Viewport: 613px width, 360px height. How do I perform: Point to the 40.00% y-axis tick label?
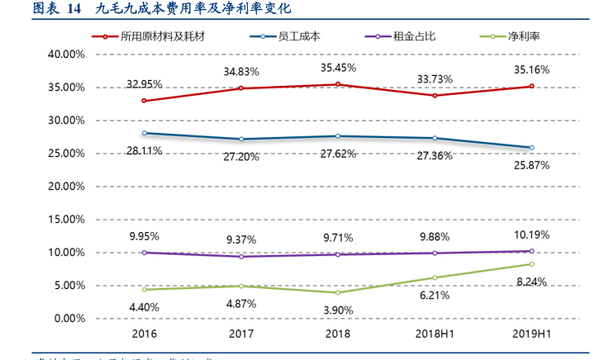[67, 54]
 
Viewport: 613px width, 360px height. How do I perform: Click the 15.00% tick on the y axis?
[67, 220]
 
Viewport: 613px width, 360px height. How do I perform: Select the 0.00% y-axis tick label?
[69, 319]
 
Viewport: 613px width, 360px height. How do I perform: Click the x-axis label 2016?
[144, 334]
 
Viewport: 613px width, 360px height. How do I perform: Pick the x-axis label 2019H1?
[531, 334]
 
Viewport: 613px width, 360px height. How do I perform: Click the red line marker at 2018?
[337, 84]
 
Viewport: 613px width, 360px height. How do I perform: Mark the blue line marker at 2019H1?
[531, 148]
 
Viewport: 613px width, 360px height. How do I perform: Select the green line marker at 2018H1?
[435, 277]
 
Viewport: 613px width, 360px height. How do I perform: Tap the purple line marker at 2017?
[240, 257]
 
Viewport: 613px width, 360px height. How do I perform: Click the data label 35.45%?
[337, 68]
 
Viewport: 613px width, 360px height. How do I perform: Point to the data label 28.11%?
[144, 150]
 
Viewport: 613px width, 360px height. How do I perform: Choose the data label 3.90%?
[337, 310]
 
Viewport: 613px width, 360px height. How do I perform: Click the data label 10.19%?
[531, 234]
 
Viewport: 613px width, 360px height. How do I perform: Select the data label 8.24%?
[531, 282]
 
